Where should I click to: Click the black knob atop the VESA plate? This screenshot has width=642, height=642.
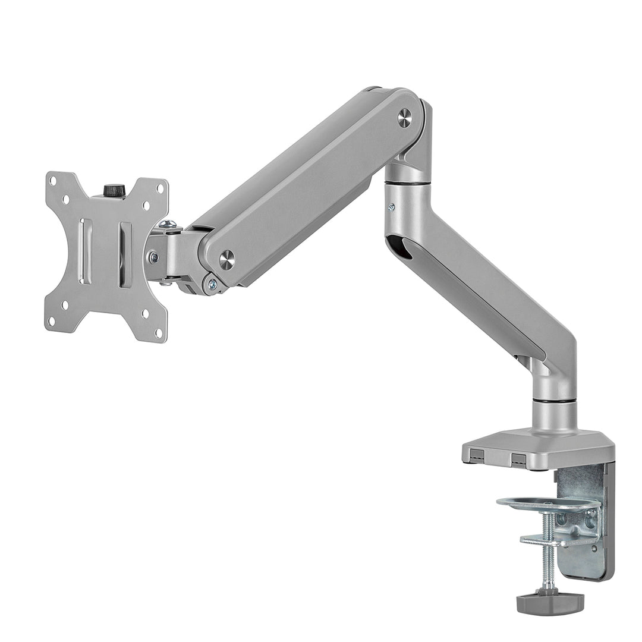coord(112,191)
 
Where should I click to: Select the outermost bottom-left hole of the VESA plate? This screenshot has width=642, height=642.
coord(52,322)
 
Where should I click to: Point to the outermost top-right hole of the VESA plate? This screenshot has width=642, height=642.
coord(159,188)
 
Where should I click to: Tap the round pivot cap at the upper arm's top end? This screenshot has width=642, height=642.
coord(405,118)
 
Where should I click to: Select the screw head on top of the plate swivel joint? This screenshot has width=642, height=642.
coord(168,224)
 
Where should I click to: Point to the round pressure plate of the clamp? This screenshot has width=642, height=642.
coord(547,504)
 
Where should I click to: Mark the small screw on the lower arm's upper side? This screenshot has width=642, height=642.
coord(391,207)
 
